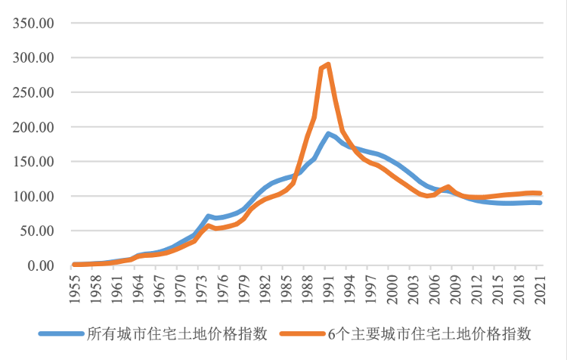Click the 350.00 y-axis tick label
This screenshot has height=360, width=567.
(33, 23)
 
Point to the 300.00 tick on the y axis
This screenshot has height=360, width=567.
(33, 57)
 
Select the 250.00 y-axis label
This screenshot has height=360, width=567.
(33, 92)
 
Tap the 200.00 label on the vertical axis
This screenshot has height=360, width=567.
(33, 127)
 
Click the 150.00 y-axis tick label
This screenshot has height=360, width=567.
(33, 162)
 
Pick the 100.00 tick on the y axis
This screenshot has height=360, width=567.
(33, 197)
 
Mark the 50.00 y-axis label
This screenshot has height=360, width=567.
(36, 231)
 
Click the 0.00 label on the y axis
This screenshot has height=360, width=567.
(39, 265)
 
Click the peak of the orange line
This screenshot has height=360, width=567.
(328, 64)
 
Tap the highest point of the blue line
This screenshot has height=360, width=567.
(328, 134)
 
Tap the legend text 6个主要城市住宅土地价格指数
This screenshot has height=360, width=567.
(429, 334)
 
